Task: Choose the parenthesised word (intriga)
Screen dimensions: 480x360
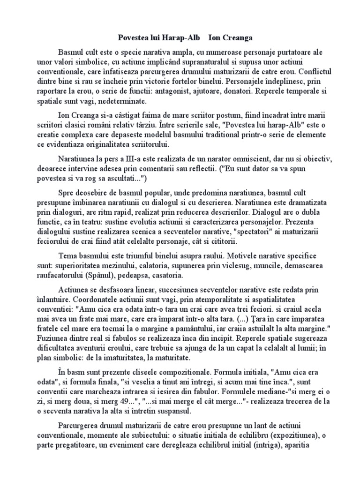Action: tap(269, 446)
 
